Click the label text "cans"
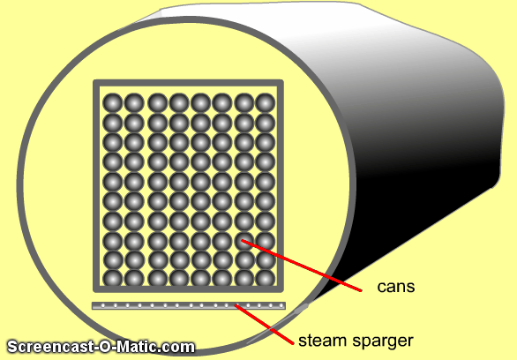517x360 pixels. (395, 287)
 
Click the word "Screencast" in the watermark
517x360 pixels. (50, 347)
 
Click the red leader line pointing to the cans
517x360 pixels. (302, 266)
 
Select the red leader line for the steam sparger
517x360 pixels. (264, 325)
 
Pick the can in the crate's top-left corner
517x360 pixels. (113, 103)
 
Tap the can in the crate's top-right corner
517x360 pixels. (265, 103)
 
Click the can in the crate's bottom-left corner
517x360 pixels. (113, 278)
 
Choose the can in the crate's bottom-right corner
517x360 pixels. (265, 278)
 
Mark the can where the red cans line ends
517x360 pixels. (244, 241)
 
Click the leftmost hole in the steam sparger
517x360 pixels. (103, 305)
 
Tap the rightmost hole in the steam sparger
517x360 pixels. (281, 305)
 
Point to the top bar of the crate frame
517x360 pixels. (188, 83)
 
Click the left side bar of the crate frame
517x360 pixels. (97, 186)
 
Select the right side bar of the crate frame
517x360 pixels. (280, 186)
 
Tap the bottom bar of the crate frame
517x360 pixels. (188, 289)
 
